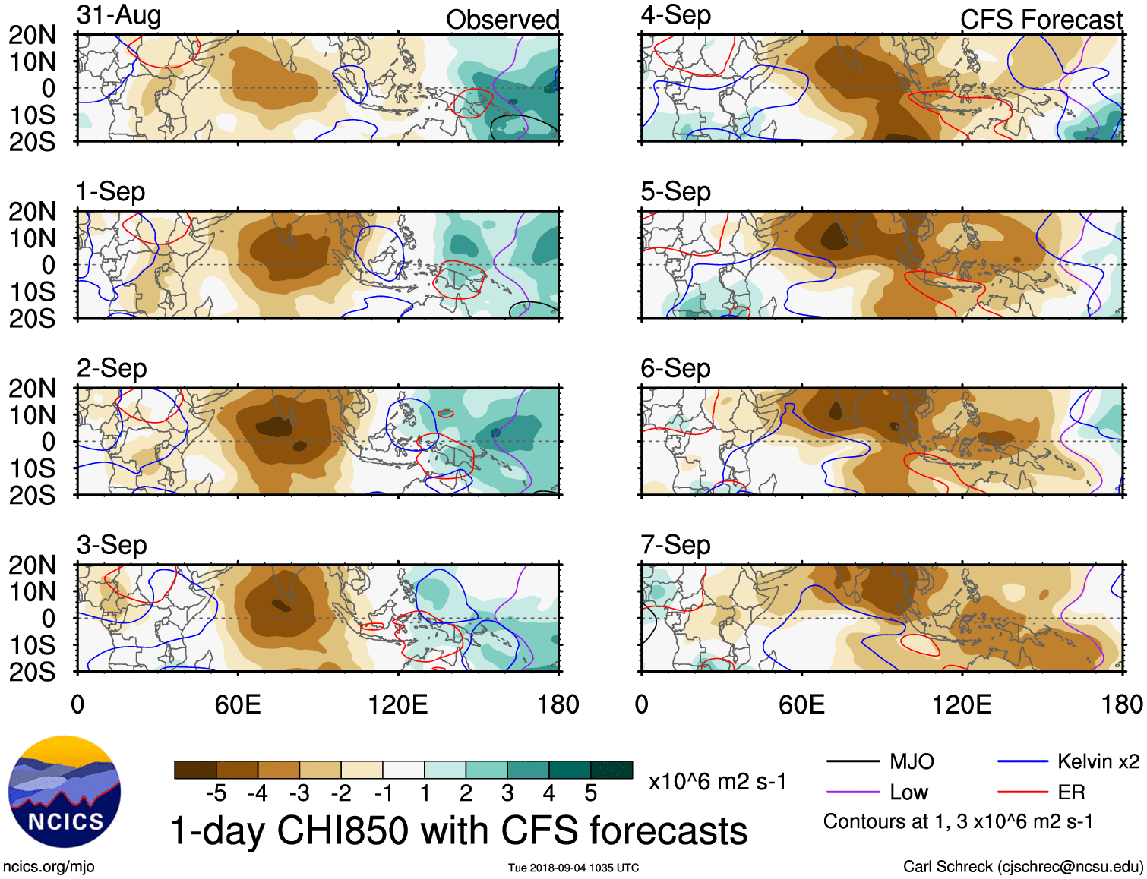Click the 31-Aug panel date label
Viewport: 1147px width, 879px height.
pos(119,15)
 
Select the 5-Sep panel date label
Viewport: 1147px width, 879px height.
pos(675,191)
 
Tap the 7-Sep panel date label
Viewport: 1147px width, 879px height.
pos(675,544)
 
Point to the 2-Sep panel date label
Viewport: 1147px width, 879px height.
pos(112,368)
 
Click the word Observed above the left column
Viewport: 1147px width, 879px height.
pos(502,20)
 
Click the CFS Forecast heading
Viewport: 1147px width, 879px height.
pos(1041,20)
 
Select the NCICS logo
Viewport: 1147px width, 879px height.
pos(65,792)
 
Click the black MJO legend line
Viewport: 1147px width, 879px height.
pos(852,761)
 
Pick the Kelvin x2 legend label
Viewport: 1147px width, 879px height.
pos(1098,761)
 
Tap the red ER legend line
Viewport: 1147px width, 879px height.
pos(1022,792)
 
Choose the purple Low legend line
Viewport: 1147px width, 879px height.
pos(852,792)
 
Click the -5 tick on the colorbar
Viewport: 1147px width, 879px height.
pos(216,793)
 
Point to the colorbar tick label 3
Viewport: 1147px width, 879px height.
pos(507,793)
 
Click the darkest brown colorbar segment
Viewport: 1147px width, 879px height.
pos(195,770)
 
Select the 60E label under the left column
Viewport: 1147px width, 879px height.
pos(238,704)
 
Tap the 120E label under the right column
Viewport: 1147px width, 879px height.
pos(962,704)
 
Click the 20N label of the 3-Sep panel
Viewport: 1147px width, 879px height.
pos(32,565)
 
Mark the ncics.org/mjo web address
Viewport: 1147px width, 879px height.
pos(49,867)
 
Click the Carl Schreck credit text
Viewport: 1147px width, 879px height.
pos(1022,867)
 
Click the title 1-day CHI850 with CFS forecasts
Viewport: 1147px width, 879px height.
pos(458,830)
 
